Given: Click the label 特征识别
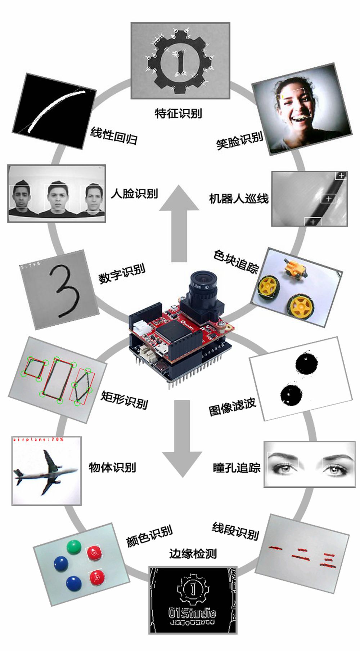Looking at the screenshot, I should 178,113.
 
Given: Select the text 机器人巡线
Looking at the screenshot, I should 239,199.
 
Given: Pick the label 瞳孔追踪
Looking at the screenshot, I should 237,468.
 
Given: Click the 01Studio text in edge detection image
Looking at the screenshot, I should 193,612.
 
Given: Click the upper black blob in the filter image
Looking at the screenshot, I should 306,364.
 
